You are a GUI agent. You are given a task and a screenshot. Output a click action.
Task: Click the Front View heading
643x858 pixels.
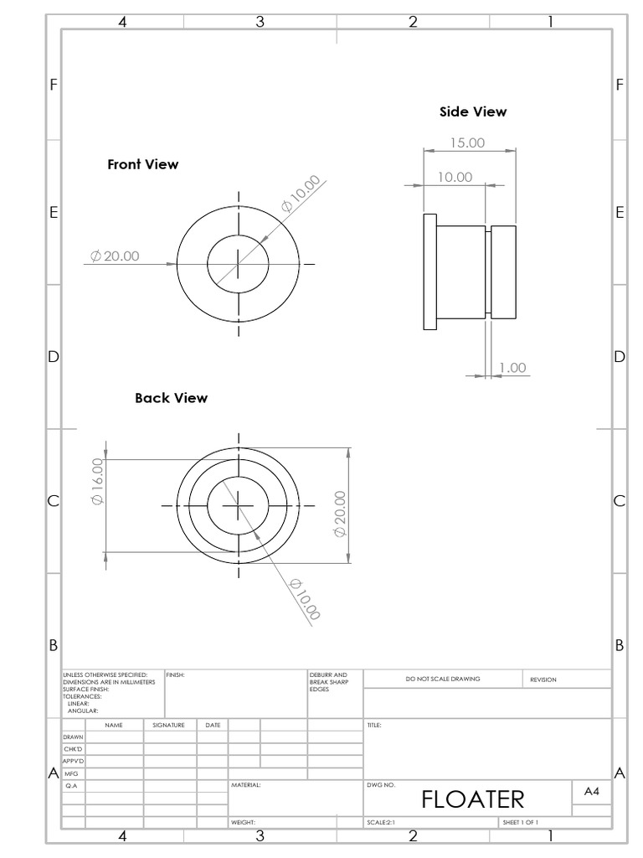(x=142, y=164)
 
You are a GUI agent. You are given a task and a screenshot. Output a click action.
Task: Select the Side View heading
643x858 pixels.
(x=473, y=111)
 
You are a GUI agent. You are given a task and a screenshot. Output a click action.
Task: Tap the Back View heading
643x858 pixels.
(x=171, y=398)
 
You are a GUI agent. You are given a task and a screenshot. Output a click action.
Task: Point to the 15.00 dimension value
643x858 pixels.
(x=467, y=142)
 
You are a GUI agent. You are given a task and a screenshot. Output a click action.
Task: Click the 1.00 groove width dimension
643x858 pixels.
(x=512, y=368)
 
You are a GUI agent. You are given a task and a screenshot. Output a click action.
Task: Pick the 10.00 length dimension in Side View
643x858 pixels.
(x=455, y=177)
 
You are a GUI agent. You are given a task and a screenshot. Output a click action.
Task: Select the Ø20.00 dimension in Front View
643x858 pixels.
(x=115, y=256)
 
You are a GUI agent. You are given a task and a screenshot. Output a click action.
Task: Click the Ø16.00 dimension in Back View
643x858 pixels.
(x=97, y=481)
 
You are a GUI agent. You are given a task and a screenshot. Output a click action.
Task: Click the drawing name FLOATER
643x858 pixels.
(x=472, y=799)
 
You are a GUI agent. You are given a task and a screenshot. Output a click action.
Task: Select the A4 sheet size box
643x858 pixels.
(x=591, y=791)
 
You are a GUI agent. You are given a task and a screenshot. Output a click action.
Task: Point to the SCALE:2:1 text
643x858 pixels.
(x=382, y=823)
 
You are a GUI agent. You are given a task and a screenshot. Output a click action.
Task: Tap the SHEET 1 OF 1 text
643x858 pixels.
(x=520, y=823)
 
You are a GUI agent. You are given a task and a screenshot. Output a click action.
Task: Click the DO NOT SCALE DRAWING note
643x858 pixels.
(x=443, y=679)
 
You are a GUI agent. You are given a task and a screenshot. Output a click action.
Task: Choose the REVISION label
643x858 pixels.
(x=543, y=680)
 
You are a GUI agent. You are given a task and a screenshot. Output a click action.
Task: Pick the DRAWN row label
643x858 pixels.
(x=73, y=737)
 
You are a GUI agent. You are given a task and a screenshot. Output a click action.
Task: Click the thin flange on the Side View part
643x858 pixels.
(x=430, y=271)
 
